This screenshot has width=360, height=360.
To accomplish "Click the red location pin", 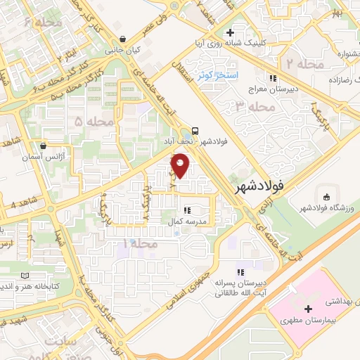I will click(x=181, y=166).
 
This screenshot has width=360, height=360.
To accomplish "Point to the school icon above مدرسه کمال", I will click(x=187, y=209).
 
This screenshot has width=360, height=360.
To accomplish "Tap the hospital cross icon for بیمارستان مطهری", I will click(x=308, y=309).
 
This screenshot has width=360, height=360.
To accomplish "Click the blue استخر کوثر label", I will click(x=217, y=75).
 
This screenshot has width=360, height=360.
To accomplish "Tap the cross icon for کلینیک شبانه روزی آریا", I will click(x=230, y=32).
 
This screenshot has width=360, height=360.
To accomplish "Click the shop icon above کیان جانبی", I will click(x=124, y=39).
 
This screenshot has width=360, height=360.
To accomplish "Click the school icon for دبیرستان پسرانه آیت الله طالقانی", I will click(x=240, y=272).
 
